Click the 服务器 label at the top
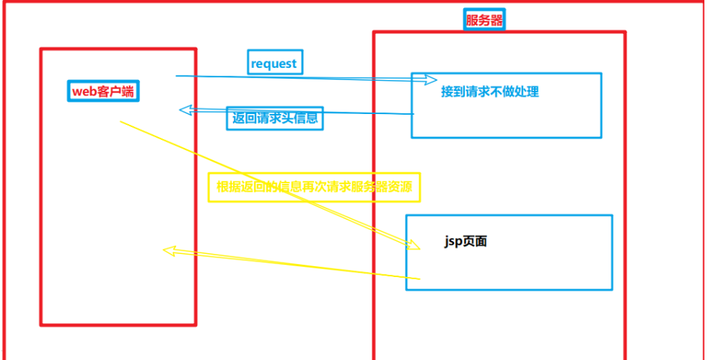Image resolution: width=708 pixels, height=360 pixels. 484,19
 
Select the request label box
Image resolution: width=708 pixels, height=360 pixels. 274,63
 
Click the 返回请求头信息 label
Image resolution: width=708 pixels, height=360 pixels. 275,118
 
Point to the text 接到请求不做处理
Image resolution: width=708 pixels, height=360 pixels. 490,92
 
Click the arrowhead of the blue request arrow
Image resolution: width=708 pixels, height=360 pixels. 432,79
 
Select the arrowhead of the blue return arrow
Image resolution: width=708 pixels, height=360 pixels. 185,110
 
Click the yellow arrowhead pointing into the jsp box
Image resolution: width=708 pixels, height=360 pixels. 414,245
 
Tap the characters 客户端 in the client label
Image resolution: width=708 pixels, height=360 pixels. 115,92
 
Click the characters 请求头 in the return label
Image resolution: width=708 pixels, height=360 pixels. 275,118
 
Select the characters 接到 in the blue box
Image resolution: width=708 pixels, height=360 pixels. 451,92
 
